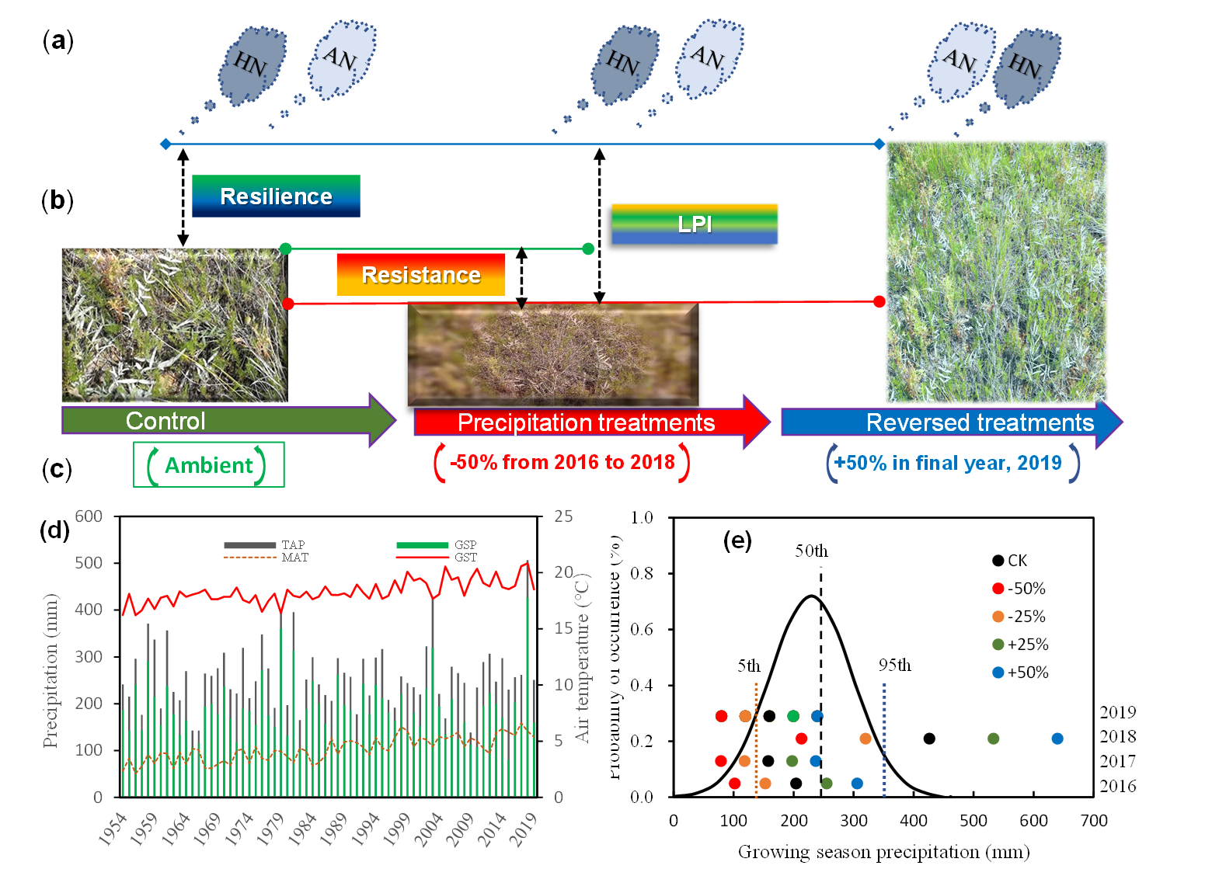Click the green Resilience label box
point(276,196)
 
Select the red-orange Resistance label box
point(420,275)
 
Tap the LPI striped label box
point(694,224)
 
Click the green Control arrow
point(225,421)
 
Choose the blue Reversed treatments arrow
point(952,422)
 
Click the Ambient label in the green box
point(208,465)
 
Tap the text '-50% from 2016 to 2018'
point(562,463)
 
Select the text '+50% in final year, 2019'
point(948,464)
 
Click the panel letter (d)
point(54,530)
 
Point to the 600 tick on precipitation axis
point(89,516)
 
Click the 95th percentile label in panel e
point(894,666)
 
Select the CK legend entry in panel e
point(1010,561)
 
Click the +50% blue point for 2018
point(1057,739)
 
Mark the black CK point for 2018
point(929,739)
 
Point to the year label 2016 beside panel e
point(1117,786)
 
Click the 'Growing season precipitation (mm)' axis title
point(883,852)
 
